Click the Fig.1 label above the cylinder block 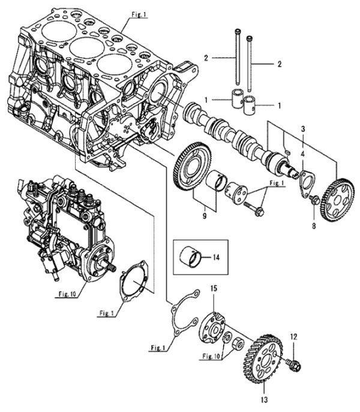(139, 13)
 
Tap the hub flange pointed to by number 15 (212, 326)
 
